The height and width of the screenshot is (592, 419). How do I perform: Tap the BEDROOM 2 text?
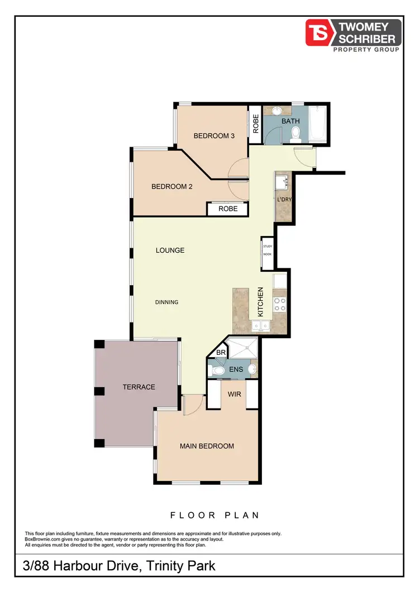point(172,187)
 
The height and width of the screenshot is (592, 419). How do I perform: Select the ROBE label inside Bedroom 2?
point(228,209)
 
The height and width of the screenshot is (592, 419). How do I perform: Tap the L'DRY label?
point(284,199)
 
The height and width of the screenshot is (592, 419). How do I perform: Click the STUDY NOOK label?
point(268,250)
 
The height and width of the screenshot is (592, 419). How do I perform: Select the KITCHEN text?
point(260,302)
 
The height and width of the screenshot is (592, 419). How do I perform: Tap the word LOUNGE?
point(170,251)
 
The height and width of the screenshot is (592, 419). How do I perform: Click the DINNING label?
point(167,302)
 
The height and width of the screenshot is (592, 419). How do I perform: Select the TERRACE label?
point(139,387)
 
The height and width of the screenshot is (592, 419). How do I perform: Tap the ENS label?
point(236,369)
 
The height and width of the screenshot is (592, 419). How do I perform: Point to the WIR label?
point(234,394)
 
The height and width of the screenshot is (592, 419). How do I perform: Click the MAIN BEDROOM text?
point(207,446)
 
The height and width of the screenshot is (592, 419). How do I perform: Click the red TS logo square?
point(317,32)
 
